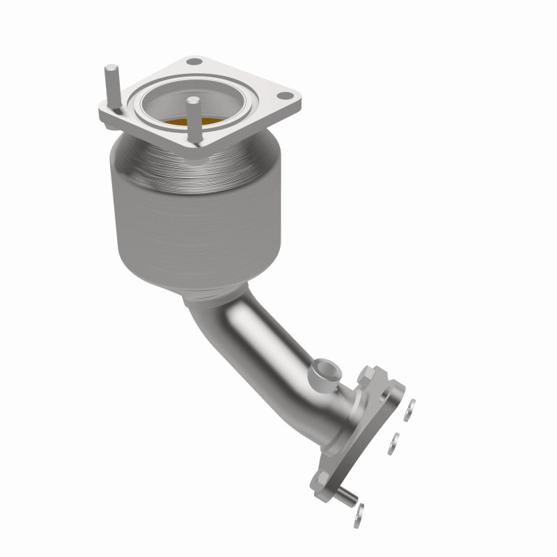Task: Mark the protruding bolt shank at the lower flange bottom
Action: (x=350, y=496)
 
